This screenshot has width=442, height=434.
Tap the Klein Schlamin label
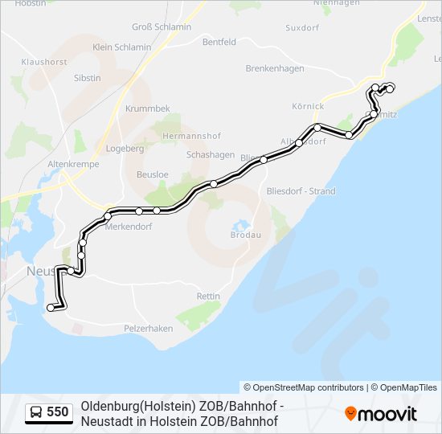(x=121, y=47)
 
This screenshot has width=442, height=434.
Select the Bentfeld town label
(x=219, y=41)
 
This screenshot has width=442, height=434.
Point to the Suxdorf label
(x=302, y=27)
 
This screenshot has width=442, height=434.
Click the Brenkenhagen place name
(x=275, y=69)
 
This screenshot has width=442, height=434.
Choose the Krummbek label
(x=147, y=108)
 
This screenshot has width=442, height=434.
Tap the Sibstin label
(x=87, y=78)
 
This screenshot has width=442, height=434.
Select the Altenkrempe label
(x=73, y=163)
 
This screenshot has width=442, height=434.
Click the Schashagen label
(x=210, y=154)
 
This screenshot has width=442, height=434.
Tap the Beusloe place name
(x=153, y=174)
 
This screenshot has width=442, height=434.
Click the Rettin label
(x=208, y=297)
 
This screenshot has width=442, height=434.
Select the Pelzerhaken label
(x=149, y=329)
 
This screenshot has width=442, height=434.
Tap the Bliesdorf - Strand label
(x=300, y=191)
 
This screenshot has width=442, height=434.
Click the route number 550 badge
(x=51, y=412)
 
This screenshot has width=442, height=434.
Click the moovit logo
(x=381, y=414)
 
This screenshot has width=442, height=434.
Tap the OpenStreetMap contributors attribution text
(x=304, y=387)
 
